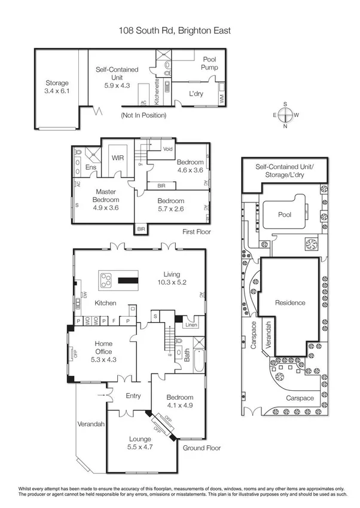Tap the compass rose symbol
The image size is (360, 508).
tap(285, 115)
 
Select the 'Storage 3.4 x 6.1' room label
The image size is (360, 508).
tap(57, 87)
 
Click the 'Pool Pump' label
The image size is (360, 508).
tap(209, 63)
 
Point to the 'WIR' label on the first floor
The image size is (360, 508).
tap(118, 158)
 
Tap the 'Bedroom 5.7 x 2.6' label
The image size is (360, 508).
tap(170, 205)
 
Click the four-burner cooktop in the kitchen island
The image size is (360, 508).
tap(106, 280)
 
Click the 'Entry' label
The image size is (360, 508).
tap(133, 396)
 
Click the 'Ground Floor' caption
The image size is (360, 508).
tap(202, 448)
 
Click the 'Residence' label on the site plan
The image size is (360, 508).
tap(290, 303)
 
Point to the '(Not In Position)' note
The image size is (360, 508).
tap(143, 115)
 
